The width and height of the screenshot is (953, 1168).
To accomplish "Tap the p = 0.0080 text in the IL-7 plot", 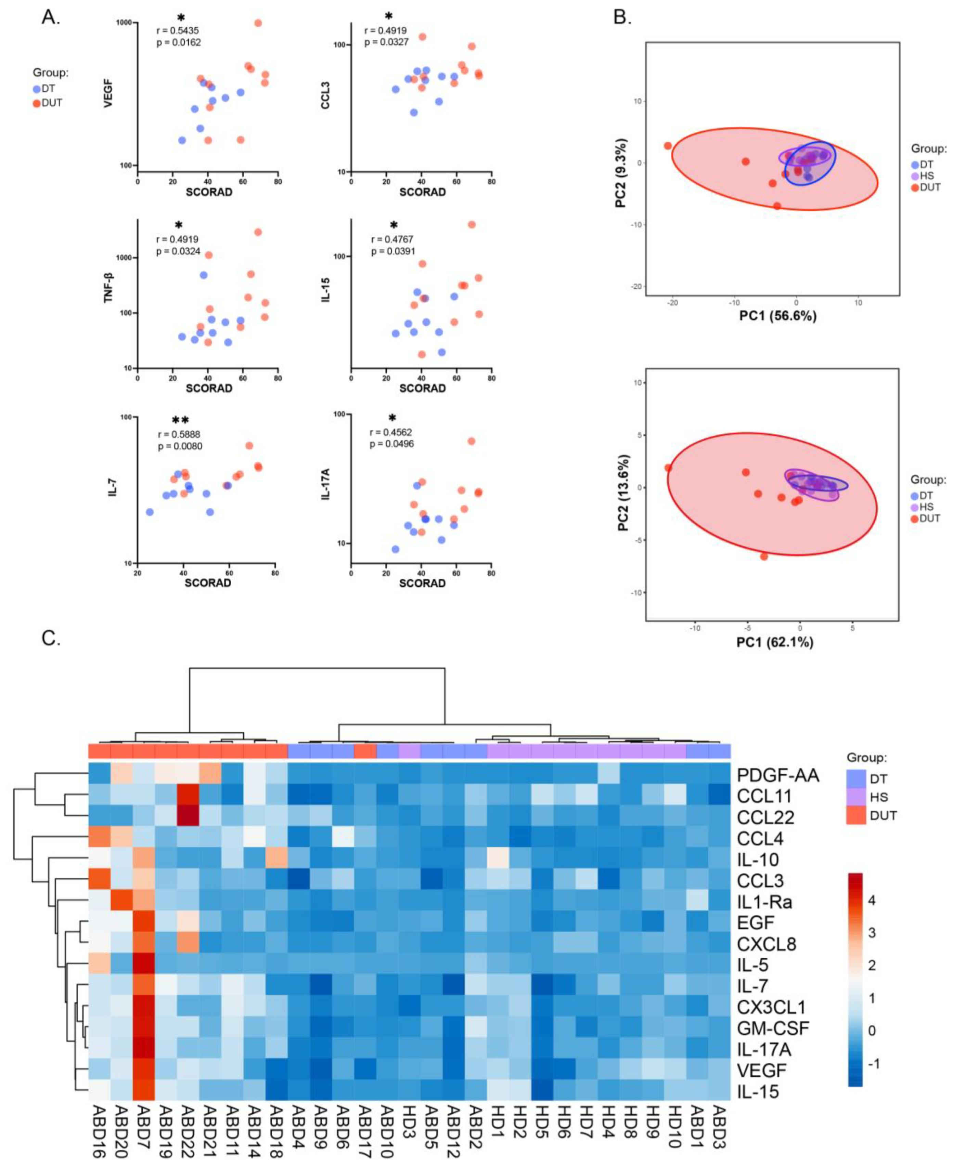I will pos(180,446).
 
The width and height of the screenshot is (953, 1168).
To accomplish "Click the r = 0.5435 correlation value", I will pos(178,31).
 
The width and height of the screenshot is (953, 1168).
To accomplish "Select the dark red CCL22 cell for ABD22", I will pos(188,817).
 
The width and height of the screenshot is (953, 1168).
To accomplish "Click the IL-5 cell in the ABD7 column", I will pos(144,965).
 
